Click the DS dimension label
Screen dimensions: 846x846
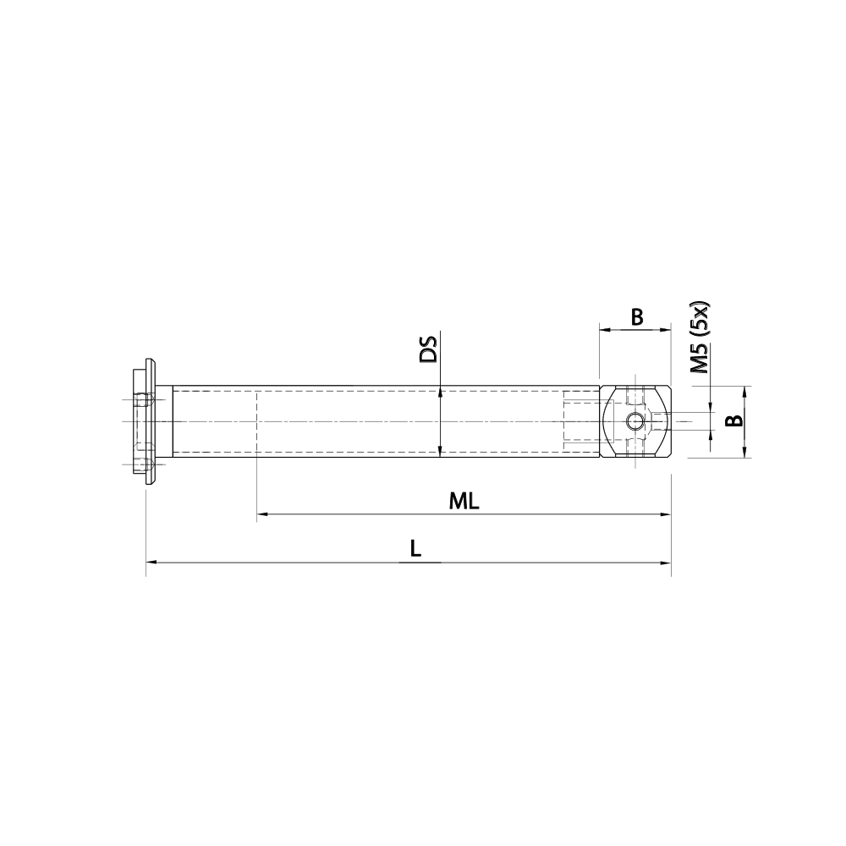[x=430, y=349]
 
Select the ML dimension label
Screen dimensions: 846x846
[x=464, y=501]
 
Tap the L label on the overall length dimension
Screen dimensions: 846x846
[x=415, y=548]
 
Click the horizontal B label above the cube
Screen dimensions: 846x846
[x=637, y=317]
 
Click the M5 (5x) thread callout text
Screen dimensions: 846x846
[x=700, y=338]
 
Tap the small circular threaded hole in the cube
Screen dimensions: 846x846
[x=634, y=421]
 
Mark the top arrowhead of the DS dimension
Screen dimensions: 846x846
[x=440, y=392]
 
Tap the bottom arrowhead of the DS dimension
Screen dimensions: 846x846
[x=440, y=452]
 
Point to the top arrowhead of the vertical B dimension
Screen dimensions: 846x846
[x=745, y=391]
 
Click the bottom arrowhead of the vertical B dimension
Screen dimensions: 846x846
[x=745, y=453]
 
